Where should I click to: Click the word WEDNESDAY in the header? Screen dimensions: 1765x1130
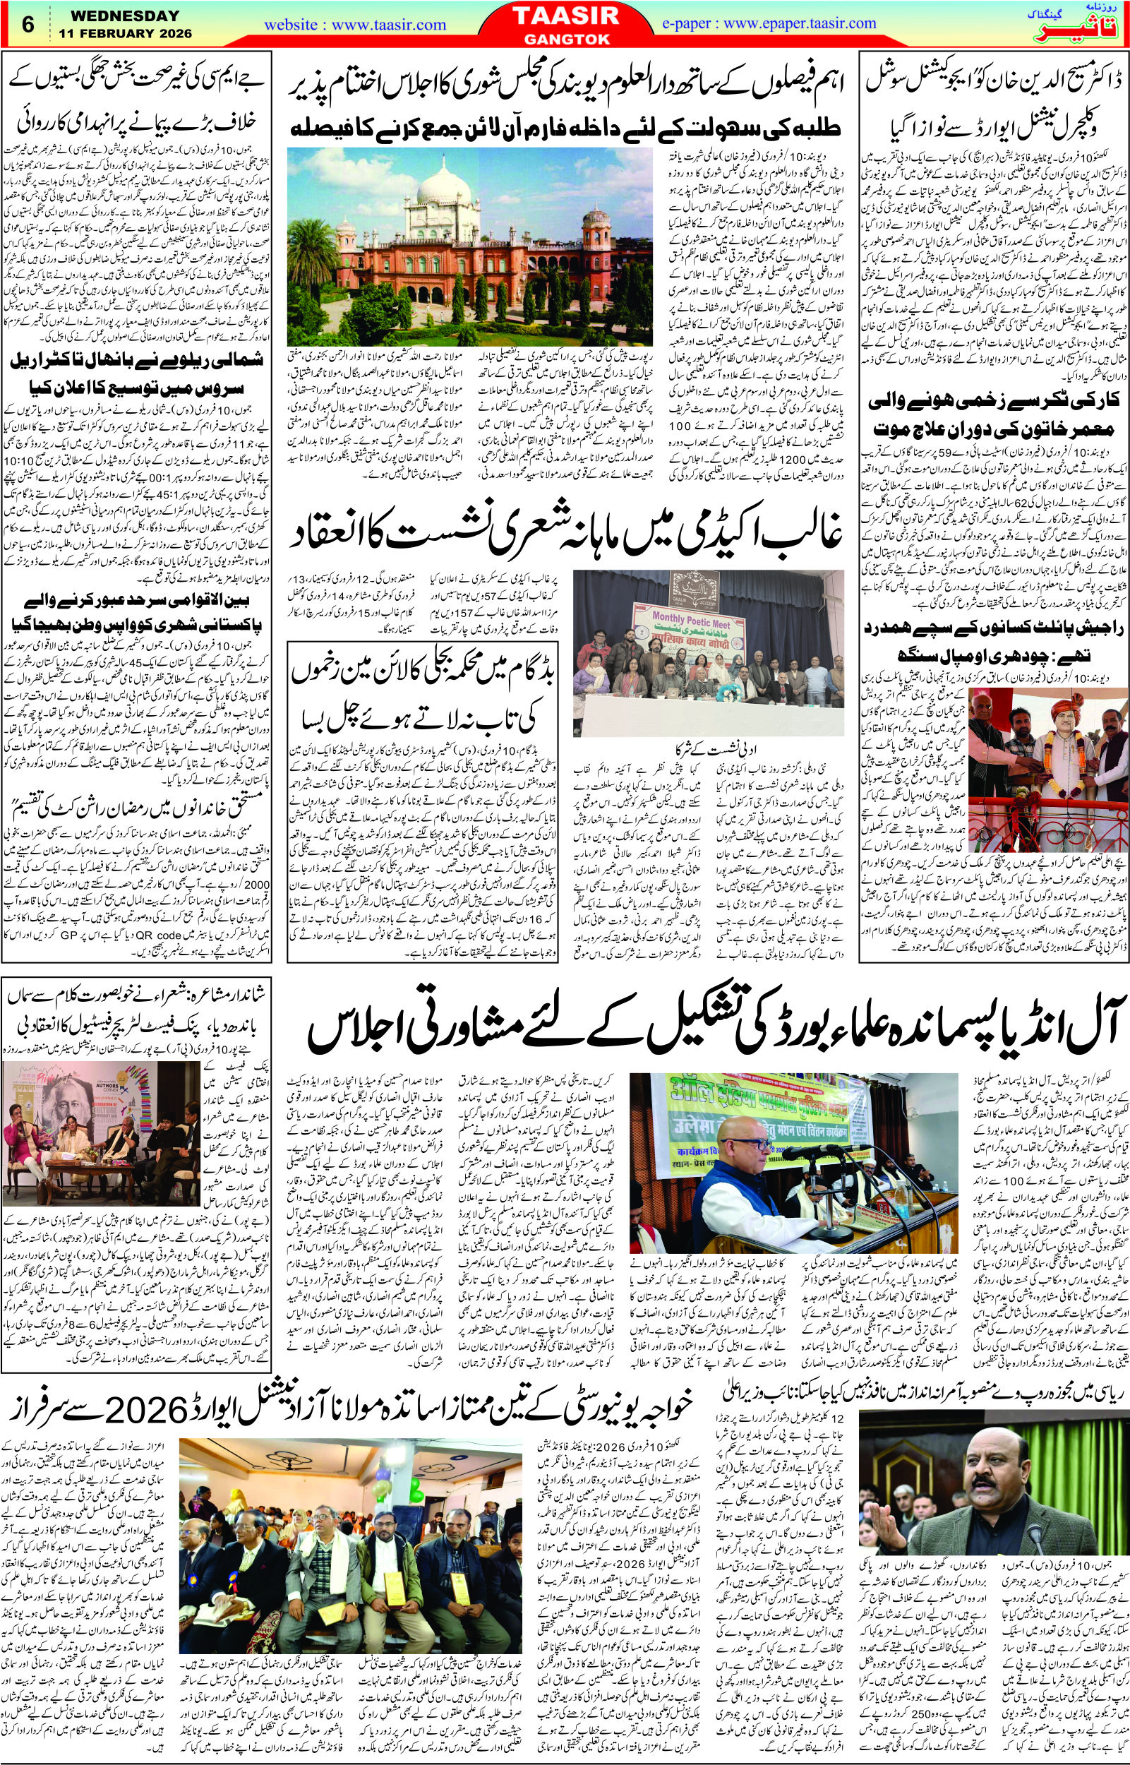118,15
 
